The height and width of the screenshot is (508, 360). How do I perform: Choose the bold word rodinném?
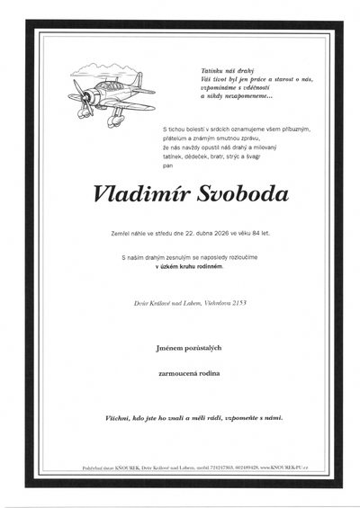pyautogui.click(x=224, y=266)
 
